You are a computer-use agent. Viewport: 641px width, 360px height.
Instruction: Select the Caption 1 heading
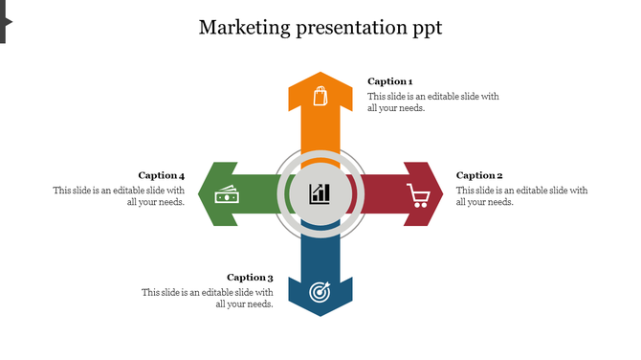[x=390, y=81]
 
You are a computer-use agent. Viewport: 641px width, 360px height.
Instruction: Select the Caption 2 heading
[x=479, y=175]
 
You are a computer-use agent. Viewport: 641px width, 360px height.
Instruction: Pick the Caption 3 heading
[x=250, y=278]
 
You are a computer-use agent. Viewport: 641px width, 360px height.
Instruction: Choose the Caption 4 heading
[x=161, y=175]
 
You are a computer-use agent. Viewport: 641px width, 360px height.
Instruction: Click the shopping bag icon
[x=320, y=96]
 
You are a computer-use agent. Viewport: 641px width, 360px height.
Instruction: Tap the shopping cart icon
[x=418, y=195]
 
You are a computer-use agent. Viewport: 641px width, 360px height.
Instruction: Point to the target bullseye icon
[x=320, y=290]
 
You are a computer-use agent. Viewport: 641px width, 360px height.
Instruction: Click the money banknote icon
[x=226, y=195]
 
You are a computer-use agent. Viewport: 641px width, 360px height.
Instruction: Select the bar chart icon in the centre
[x=320, y=193]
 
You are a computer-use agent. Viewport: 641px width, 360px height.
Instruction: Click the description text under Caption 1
[x=433, y=102]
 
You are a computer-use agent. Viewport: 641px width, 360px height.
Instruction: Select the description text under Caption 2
[x=521, y=196]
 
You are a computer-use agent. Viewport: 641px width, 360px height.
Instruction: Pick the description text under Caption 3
[x=208, y=299]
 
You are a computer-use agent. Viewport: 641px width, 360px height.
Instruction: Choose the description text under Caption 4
[x=119, y=196]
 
